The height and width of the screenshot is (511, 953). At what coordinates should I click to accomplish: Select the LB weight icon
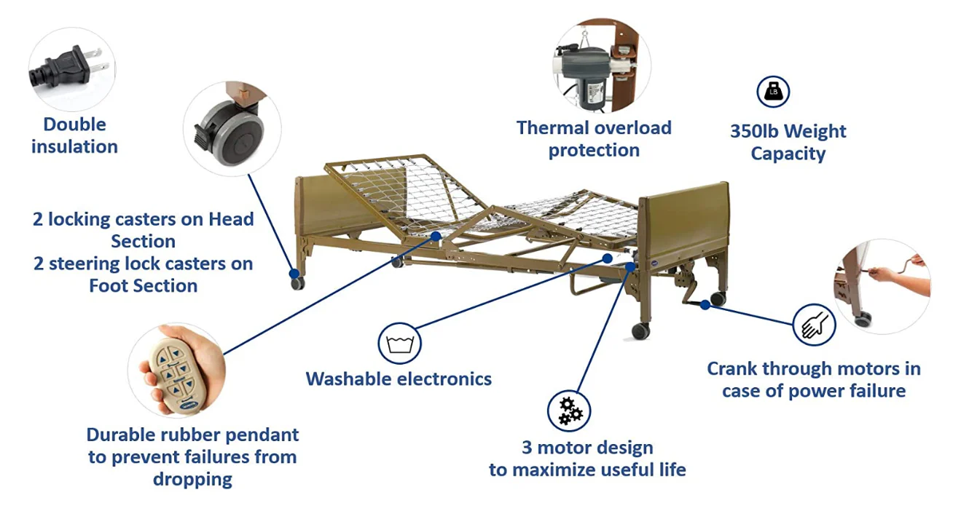(x=773, y=92)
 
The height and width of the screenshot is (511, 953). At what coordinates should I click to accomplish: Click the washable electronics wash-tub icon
(x=399, y=344)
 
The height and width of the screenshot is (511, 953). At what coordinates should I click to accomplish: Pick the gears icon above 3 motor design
(x=569, y=411)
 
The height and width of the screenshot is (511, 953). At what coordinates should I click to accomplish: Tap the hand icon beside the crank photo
(x=815, y=325)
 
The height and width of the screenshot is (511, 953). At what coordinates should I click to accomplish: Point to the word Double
(x=75, y=124)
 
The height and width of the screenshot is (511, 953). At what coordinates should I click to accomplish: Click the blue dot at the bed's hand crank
(x=705, y=305)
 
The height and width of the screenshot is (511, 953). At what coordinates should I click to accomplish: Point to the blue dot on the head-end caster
(x=294, y=273)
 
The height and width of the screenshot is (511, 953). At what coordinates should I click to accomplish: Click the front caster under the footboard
(x=640, y=330)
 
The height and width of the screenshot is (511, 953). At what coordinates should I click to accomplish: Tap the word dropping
(x=193, y=480)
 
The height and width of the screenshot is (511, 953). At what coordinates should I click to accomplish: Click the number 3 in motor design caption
(x=527, y=448)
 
